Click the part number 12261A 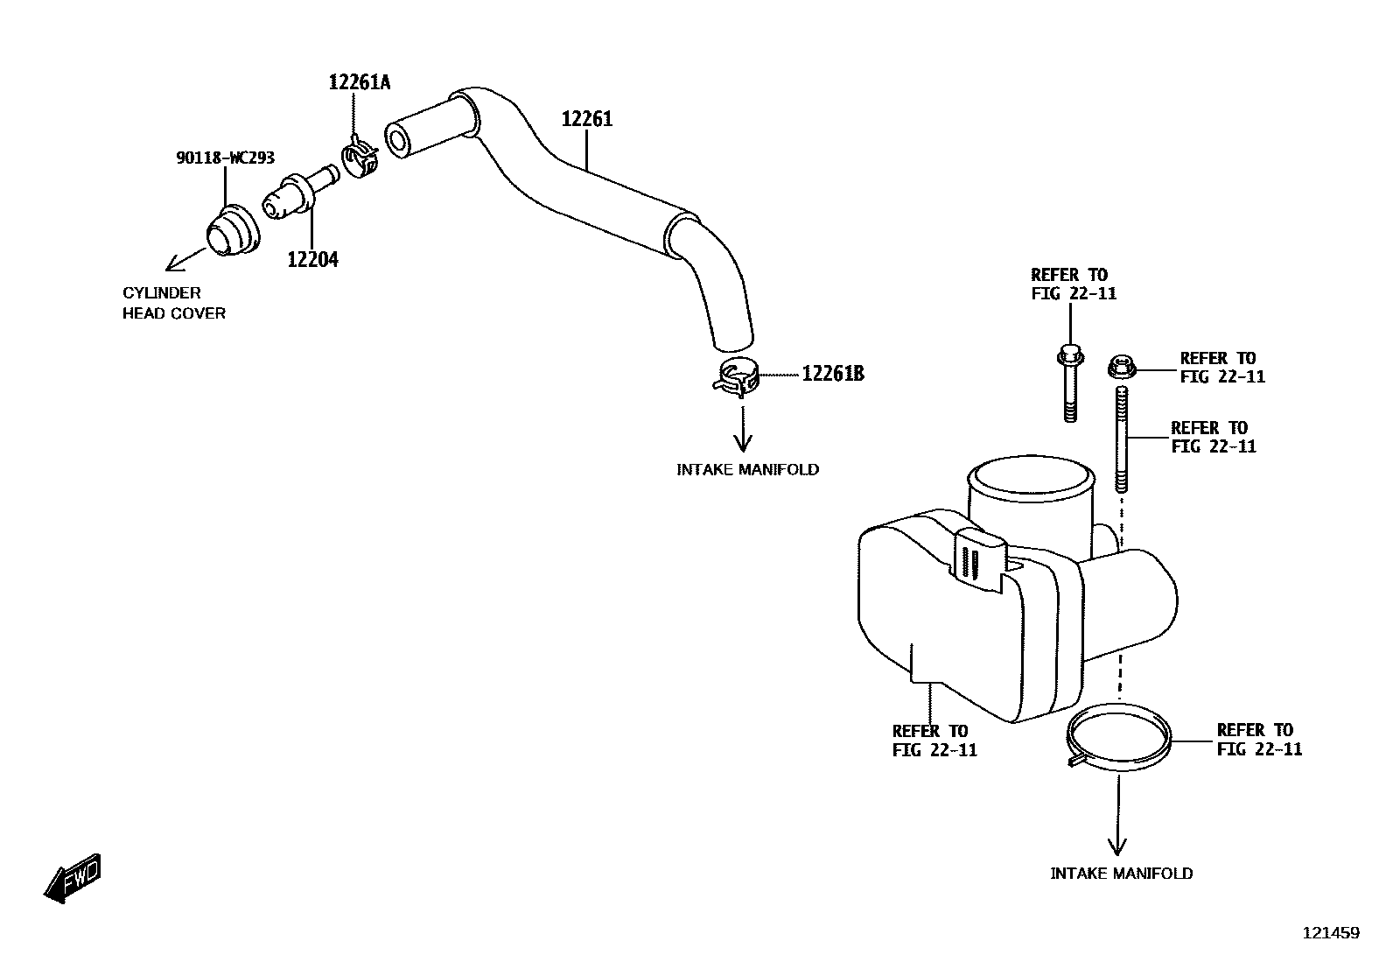click(359, 82)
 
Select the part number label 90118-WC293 click(225, 158)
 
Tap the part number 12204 click(312, 259)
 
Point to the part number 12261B click(833, 374)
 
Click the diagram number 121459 click(1331, 933)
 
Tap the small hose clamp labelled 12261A click(360, 155)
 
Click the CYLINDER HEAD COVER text click(173, 303)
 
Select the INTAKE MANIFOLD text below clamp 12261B click(747, 469)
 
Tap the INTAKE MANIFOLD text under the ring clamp click(1121, 873)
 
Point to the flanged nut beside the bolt click(1121, 366)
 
